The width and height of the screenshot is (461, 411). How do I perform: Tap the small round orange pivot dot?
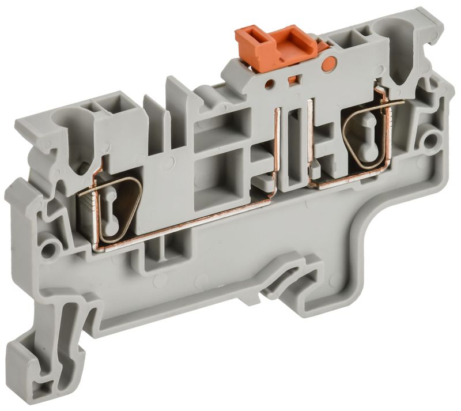[x=331, y=64]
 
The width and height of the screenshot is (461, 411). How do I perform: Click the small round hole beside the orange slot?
[x=269, y=84]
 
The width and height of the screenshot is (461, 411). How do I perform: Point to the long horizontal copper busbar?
[x=190, y=222]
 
